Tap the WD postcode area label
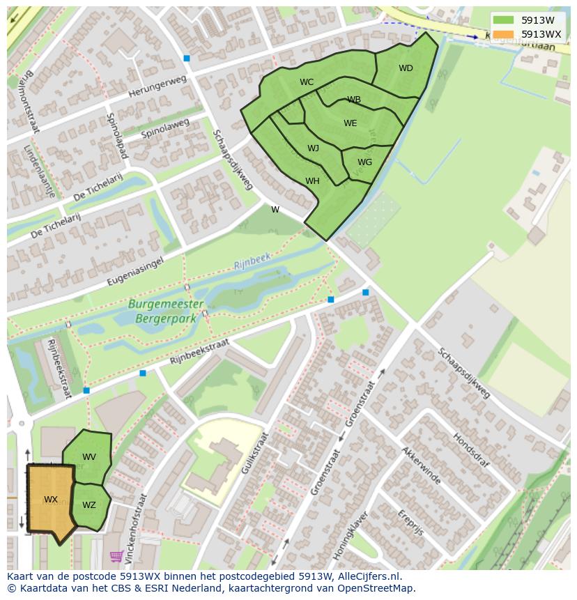[406, 68]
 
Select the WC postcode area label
[307, 82]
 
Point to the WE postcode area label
[350, 123]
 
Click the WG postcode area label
[364, 162]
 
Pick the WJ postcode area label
[313, 148]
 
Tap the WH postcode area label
[312, 181]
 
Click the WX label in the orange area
[51, 500]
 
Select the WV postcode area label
[89, 457]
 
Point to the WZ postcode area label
[89, 505]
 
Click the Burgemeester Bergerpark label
[166, 311]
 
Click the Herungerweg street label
[158, 88]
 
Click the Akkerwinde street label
[420, 466]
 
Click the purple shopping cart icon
[116, 556]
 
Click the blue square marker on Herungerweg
[186, 59]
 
